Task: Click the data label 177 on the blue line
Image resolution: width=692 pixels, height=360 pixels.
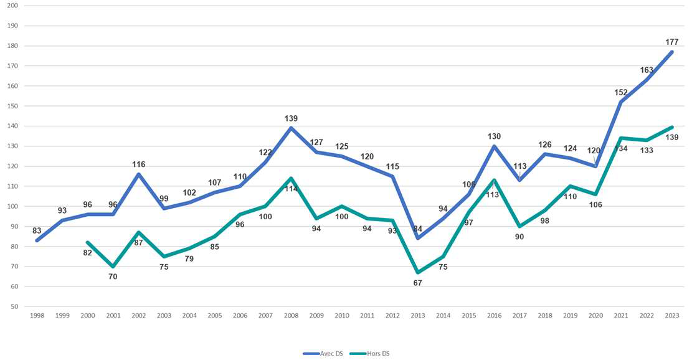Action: click(671, 42)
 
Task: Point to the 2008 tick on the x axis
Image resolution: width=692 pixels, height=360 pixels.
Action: click(291, 316)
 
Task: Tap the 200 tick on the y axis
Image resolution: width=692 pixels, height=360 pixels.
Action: click(12, 6)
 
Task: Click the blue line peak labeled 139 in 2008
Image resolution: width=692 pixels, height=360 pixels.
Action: click(291, 128)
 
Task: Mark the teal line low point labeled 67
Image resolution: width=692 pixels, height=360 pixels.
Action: click(418, 272)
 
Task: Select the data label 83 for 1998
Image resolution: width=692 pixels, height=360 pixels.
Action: click(37, 231)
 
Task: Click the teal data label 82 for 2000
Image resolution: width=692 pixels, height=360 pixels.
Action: click(88, 252)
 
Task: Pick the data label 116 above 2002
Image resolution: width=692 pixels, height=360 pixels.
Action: click(138, 164)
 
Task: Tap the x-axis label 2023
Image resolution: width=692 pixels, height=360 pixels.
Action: click(671, 316)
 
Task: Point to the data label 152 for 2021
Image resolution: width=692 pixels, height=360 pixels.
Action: click(620, 92)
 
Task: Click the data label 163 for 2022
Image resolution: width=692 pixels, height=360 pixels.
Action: click(647, 70)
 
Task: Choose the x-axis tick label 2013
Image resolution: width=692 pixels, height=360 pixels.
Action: click(418, 316)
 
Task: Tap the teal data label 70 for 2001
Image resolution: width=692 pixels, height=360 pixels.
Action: click(113, 276)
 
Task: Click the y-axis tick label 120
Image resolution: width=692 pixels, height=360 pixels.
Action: click(12, 166)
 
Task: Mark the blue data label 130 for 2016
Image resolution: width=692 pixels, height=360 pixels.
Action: click(494, 136)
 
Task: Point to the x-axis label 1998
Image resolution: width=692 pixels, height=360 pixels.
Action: click(37, 316)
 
